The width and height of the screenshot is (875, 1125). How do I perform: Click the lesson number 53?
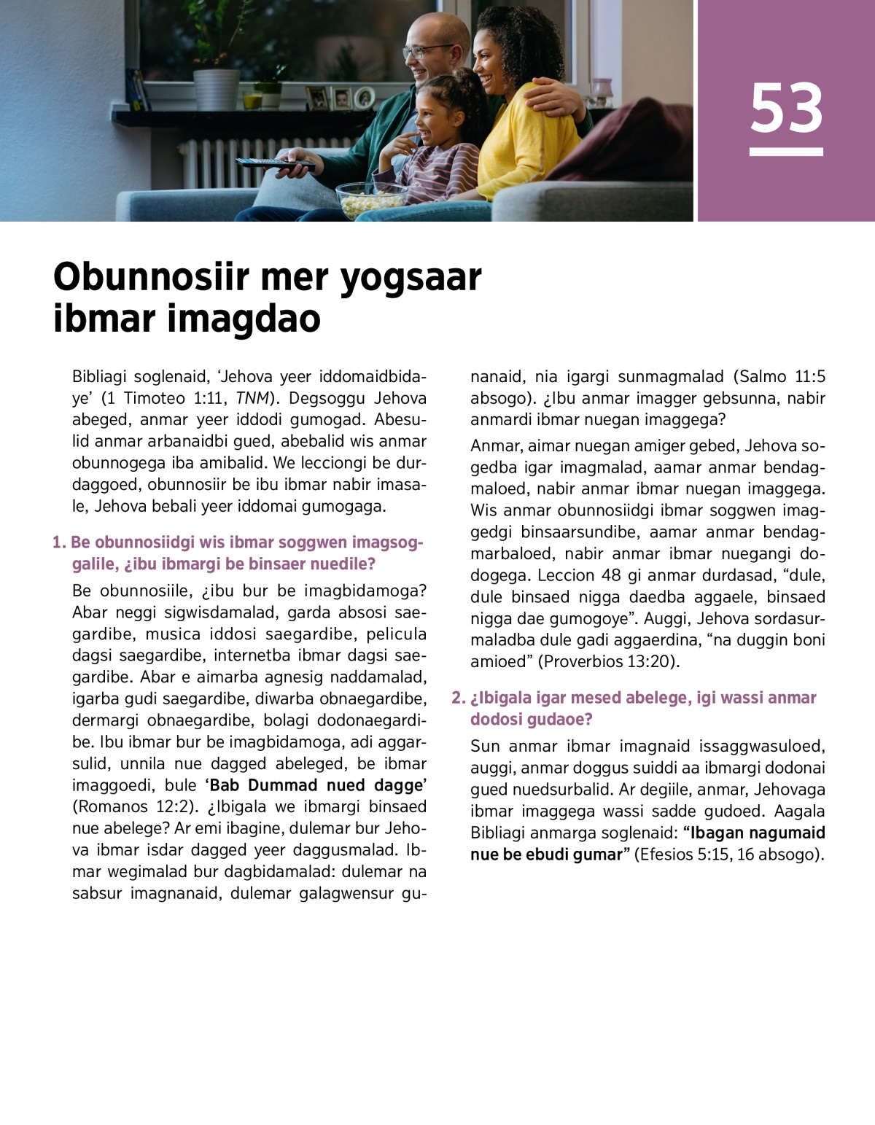[x=786, y=108]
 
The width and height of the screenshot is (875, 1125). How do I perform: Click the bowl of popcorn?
[x=371, y=199]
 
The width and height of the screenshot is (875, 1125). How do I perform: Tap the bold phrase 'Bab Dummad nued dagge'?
[x=316, y=785]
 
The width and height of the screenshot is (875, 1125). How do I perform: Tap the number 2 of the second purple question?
[x=456, y=698]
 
